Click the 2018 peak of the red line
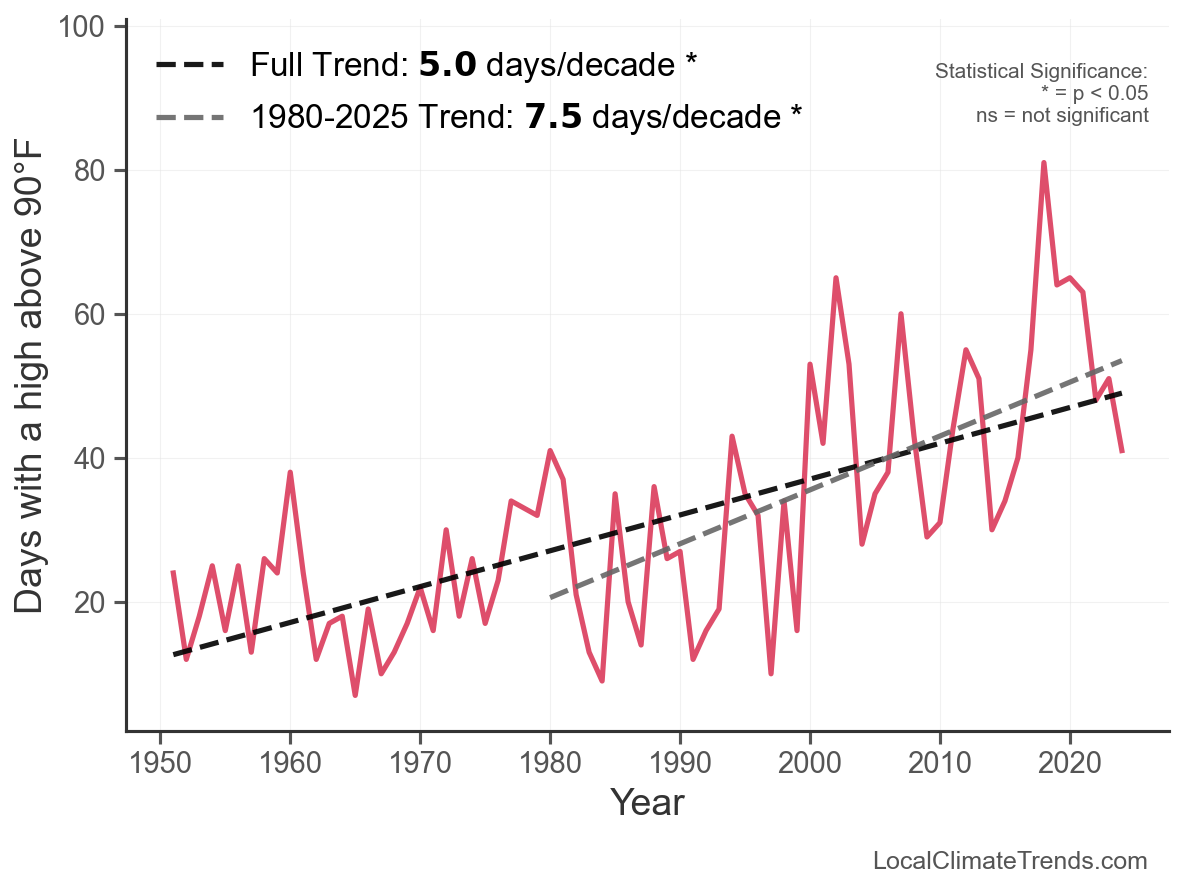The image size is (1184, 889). (1043, 162)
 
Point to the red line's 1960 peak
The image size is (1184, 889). (290, 472)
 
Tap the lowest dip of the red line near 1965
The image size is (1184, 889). (355, 695)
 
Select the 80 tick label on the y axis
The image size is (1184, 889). (91, 171)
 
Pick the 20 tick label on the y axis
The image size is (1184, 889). (91, 603)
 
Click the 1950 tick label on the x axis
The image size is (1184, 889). (160, 759)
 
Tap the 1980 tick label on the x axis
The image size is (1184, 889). (550, 759)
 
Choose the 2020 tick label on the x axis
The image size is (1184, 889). (1070, 759)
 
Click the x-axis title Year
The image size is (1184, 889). (647, 802)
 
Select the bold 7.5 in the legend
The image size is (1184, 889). (550, 117)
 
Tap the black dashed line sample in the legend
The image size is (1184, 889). (193, 66)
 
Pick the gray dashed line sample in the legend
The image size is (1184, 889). (193, 118)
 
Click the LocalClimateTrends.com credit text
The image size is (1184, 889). (1010, 861)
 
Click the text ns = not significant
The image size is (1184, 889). (1062, 115)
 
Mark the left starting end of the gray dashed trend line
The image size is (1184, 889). (551, 597)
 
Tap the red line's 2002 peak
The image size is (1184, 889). (835, 278)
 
